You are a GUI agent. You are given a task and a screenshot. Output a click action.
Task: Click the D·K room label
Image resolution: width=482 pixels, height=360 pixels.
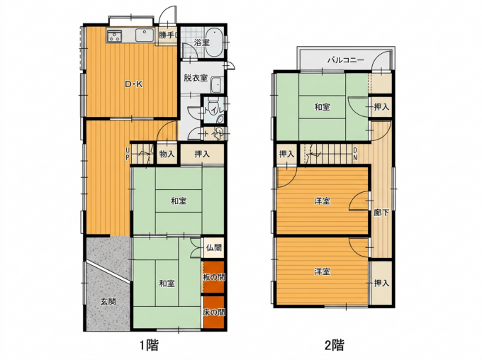pyautogui.click(x=134, y=84)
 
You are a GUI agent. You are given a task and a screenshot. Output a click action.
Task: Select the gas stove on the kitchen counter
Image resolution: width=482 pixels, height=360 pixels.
pyautogui.click(x=115, y=35)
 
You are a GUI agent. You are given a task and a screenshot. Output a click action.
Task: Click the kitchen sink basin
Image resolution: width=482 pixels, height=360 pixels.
pyautogui.click(x=144, y=35)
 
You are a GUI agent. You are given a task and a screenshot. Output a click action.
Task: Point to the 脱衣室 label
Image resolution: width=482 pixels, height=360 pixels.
pyautogui.click(x=196, y=78)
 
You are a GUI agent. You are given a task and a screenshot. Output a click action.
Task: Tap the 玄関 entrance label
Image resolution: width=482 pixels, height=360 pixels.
pyautogui.click(x=108, y=301)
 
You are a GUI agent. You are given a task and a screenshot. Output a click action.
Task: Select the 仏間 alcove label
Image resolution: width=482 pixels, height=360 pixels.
pyautogui.click(x=214, y=247)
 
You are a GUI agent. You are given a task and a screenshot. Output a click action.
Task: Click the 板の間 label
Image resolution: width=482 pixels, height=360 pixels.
pyautogui.click(x=213, y=277)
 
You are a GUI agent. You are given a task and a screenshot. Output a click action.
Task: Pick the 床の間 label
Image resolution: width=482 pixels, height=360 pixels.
pyautogui.click(x=213, y=313)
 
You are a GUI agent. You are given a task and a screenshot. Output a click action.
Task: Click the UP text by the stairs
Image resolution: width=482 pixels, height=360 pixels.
pyautogui.click(x=128, y=154)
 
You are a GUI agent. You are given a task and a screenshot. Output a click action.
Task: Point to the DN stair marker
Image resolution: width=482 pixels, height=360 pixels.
pyautogui.click(x=355, y=154)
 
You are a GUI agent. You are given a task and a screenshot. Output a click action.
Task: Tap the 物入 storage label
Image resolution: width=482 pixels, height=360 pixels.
pyautogui.click(x=167, y=154)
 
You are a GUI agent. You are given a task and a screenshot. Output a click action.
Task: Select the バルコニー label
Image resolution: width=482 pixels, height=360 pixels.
pyautogui.click(x=345, y=60)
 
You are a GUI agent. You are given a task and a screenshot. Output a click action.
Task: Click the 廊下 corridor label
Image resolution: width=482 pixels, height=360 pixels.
pyautogui.click(x=381, y=213)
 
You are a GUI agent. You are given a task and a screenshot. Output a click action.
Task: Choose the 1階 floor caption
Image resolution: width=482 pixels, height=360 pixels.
pyautogui.click(x=150, y=346)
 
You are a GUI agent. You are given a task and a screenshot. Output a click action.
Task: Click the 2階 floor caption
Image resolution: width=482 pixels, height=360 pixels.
pyautogui.click(x=335, y=346)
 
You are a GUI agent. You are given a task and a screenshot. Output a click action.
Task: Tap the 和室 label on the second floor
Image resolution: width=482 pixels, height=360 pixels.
pyautogui.click(x=322, y=107)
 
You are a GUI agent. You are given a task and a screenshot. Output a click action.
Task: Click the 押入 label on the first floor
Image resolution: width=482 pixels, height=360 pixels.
pyautogui.click(x=202, y=154)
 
